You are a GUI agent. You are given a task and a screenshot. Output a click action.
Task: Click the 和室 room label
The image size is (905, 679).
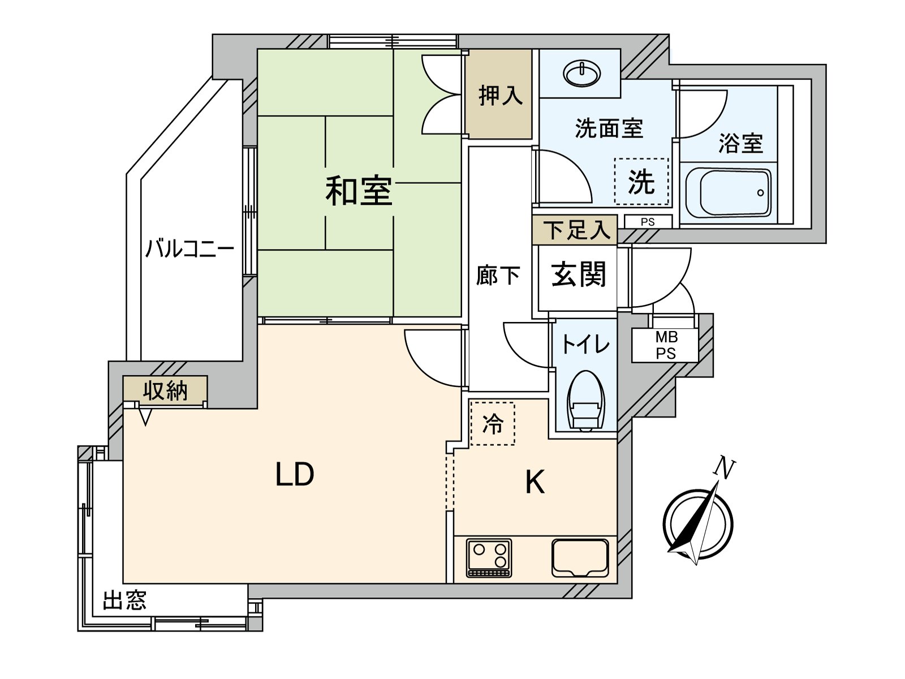(x=359, y=191)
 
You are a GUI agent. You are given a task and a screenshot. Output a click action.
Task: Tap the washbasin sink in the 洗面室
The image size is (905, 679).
(x=582, y=74)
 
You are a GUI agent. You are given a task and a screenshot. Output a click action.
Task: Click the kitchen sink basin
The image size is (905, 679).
(x=580, y=557)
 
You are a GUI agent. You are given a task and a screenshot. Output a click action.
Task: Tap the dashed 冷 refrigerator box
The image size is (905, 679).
(x=493, y=423)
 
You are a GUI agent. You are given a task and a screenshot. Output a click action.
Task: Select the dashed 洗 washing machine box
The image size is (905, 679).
(x=641, y=182)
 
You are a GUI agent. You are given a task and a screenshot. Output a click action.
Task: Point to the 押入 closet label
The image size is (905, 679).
(x=500, y=95)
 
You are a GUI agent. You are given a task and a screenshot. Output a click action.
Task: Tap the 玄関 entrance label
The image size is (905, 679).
(x=578, y=275)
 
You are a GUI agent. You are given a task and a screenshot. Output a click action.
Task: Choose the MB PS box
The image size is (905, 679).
(x=666, y=345)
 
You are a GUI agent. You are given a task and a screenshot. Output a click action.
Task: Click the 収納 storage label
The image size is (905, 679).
(x=165, y=390)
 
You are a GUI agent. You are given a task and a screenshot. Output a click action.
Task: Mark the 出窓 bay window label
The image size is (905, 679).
(x=125, y=600)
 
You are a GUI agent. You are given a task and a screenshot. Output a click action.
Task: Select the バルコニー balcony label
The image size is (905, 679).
(x=189, y=249)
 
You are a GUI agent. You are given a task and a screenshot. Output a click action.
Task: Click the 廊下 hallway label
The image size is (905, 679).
(x=498, y=276)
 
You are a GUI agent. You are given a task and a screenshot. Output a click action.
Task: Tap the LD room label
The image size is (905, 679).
(x=295, y=475)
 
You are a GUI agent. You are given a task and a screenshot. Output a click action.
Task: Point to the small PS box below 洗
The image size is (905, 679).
(x=648, y=222)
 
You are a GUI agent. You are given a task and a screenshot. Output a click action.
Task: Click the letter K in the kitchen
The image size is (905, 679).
(x=535, y=482)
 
